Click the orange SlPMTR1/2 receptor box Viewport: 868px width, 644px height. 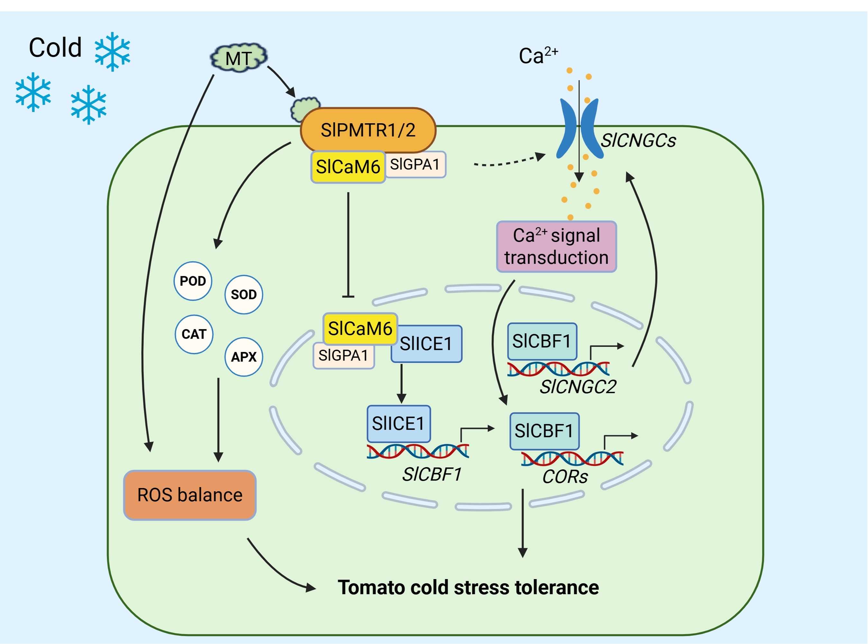click(x=368, y=130)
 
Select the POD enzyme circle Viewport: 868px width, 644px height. click(x=193, y=281)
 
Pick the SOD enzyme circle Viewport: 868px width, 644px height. click(x=244, y=295)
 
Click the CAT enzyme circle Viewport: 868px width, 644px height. click(x=194, y=334)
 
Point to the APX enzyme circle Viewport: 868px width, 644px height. click(x=244, y=357)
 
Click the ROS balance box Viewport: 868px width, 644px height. click(x=190, y=495)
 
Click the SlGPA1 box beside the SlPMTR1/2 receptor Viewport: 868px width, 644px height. click(x=415, y=164)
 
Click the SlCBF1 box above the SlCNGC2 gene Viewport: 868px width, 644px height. click(x=542, y=341)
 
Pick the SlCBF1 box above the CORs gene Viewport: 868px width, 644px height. click(x=544, y=431)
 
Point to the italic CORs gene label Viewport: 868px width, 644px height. click(x=565, y=477)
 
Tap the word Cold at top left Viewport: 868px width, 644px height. click(x=55, y=48)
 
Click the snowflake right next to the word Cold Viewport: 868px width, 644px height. click(x=112, y=52)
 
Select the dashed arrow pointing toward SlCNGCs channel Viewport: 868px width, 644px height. click(x=509, y=161)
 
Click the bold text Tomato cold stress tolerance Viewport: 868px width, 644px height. click(x=468, y=587)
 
